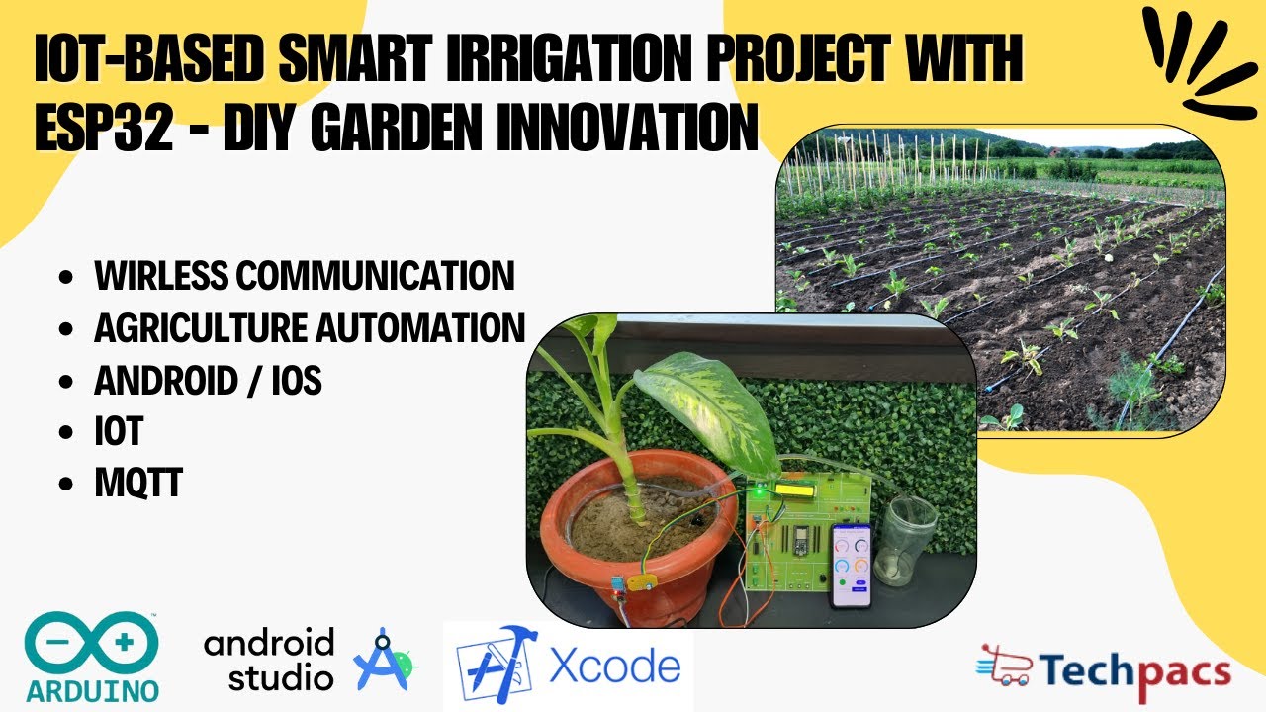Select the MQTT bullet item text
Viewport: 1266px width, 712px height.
[x=138, y=484]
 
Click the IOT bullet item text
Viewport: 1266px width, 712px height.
[x=119, y=431]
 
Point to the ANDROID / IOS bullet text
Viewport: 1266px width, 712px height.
[x=208, y=380]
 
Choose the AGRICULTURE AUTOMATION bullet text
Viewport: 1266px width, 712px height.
[x=309, y=327]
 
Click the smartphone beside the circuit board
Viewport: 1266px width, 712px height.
[x=852, y=565]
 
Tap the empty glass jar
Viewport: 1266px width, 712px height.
[x=905, y=540]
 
